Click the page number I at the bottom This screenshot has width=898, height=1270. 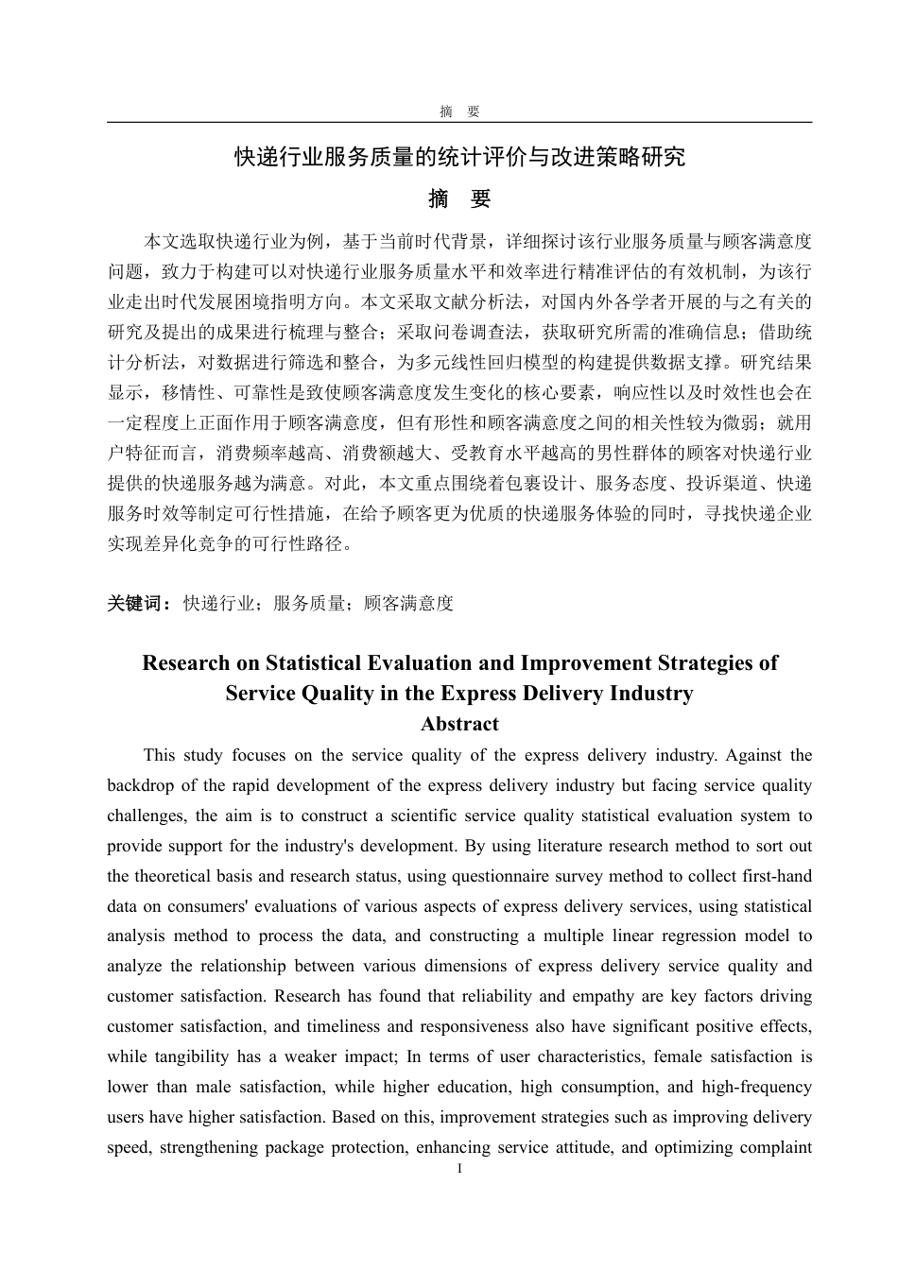pos(459,1170)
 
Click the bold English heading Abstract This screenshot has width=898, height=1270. pos(459,725)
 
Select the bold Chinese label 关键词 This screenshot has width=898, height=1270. pos(138,603)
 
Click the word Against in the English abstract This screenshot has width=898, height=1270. pos(757,755)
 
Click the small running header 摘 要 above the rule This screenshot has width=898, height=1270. pos(459,112)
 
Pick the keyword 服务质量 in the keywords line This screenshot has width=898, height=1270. pos(309,603)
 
